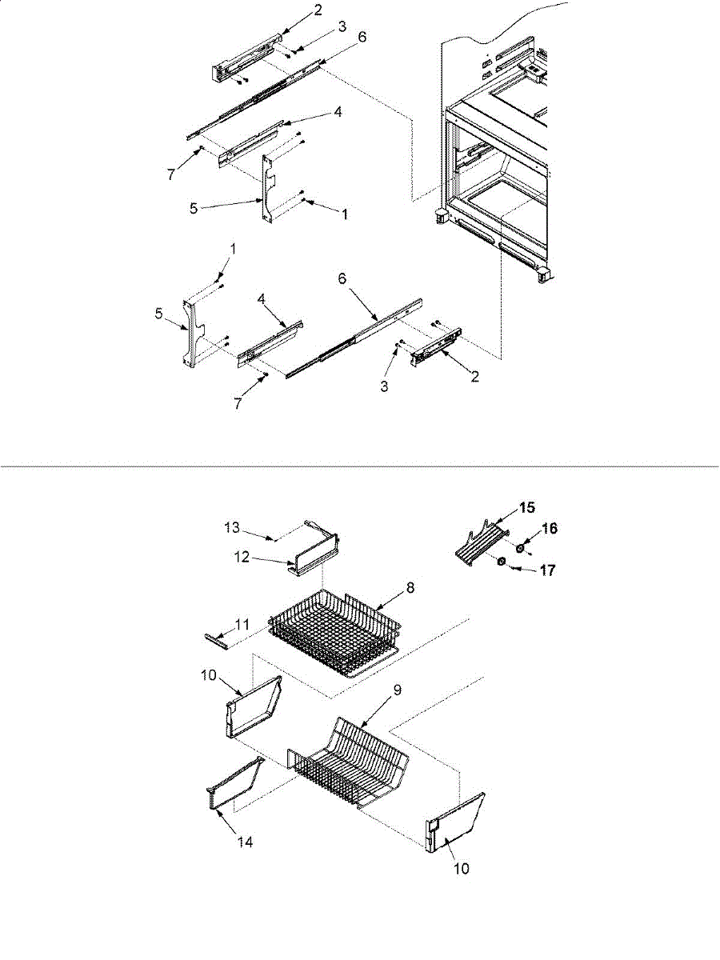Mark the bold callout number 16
click(x=549, y=529)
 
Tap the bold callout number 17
click(x=548, y=572)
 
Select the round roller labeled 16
click(x=520, y=547)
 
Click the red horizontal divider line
click(x=360, y=465)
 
